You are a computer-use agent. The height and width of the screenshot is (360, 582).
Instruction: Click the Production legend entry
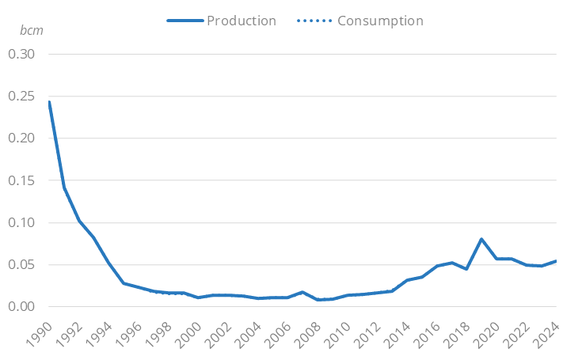pyautogui.click(x=241, y=21)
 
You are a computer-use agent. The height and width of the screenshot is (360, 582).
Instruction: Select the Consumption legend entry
pyautogui.click(x=380, y=21)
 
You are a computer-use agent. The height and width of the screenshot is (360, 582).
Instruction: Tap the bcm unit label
pyautogui.click(x=32, y=30)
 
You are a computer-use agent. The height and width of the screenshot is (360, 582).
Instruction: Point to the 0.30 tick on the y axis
pyautogui.click(x=23, y=55)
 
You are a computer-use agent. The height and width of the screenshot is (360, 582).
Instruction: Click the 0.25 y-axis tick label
pyautogui.click(x=23, y=97)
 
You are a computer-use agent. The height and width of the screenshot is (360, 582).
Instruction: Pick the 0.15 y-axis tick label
pyautogui.click(x=23, y=180)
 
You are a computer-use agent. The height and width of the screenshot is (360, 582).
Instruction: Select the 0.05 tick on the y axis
pyautogui.click(x=23, y=265)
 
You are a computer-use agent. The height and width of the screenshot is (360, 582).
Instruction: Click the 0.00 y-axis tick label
pyautogui.click(x=23, y=307)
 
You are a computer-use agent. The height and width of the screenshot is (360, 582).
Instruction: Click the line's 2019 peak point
pyautogui.click(x=481, y=239)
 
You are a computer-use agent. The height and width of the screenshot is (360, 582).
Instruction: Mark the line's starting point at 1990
pyautogui.click(x=49, y=102)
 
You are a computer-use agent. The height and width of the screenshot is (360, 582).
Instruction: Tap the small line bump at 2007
pyautogui.click(x=302, y=292)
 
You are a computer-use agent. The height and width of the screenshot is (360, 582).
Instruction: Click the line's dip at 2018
pyautogui.click(x=466, y=269)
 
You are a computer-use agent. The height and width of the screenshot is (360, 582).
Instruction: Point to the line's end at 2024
pyautogui.click(x=556, y=261)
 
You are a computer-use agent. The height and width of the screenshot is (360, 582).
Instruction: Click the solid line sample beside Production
pyautogui.click(x=184, y=21)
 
